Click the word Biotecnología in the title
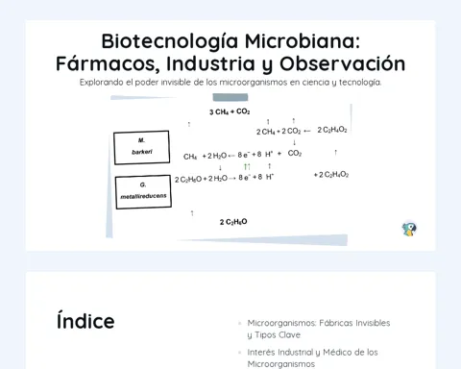[x=170, y=42]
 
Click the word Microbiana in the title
[x=303, y=41]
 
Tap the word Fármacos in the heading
[x=108, y=63]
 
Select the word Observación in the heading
[x=343, y=63]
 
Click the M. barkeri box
[x=141, y=147]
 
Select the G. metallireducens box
[x=143, y=192]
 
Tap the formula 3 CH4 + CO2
[x=230, y=111]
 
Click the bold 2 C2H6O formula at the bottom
[x=233, y=222]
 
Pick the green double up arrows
[x=247, y=166]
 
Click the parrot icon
[x=409, y=229]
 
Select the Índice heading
[x=85, y=321]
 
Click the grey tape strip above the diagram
[x=230, y=97]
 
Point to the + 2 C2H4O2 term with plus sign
[x=331, y=175]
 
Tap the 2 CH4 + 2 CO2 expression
[x=279, y=132]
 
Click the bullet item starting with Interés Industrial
[x=312, y=358]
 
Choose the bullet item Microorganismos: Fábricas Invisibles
[x=319, y=329]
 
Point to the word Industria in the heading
[x=210, y=63]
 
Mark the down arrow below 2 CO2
[x=294, y=142]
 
